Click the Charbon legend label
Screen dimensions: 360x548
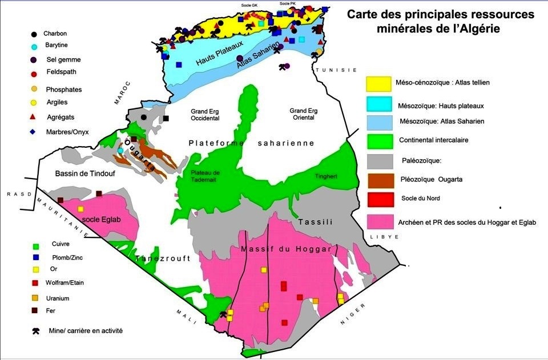point(55,34)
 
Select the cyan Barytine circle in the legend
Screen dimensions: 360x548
point(34,47)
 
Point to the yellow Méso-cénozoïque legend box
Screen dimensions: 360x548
point(378,83)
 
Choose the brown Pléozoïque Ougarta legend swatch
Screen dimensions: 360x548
point(378,179)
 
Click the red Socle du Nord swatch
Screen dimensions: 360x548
point(378,199)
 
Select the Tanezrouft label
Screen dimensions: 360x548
point(163,258)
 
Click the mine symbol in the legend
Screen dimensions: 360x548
point(37,330)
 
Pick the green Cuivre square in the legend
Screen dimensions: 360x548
point(35,246)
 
